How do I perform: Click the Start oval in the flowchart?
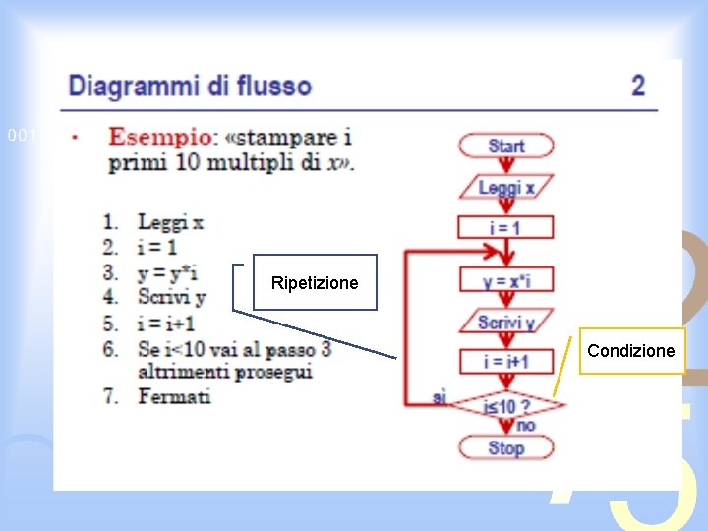coord(505,147)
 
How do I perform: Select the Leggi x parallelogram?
coord(505,187)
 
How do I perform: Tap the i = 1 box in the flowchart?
coord(505,228)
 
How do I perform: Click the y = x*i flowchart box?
coord(505,281)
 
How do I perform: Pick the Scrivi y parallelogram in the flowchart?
coord(505,322)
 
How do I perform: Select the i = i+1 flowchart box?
coord(505,362)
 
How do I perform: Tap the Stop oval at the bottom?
coord(505,448)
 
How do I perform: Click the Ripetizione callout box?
coord(315,283)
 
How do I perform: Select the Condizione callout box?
coord(630,351)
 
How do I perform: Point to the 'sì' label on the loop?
coord(441,397)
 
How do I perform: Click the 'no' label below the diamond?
coord(526,426)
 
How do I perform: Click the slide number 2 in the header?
coord(638,86)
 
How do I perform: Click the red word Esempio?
coord(157,138)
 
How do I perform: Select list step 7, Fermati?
coord(174,397)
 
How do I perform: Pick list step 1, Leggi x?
coord(170,222)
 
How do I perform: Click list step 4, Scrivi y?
coord(171,297)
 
